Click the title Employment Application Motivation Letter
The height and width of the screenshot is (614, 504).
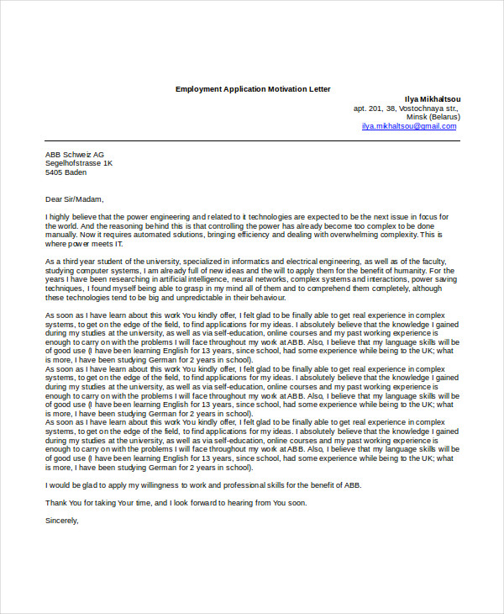253,88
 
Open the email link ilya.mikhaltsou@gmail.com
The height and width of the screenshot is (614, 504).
409,126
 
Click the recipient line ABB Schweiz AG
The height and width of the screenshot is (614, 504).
75,155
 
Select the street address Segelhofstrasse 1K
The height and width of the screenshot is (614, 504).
79,163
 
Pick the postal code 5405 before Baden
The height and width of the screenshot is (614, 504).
55,172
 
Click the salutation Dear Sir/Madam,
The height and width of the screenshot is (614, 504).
74,199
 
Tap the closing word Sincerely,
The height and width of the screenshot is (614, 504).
61,520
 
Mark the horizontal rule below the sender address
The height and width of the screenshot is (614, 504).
252,140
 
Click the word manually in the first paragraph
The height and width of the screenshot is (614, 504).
62,235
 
